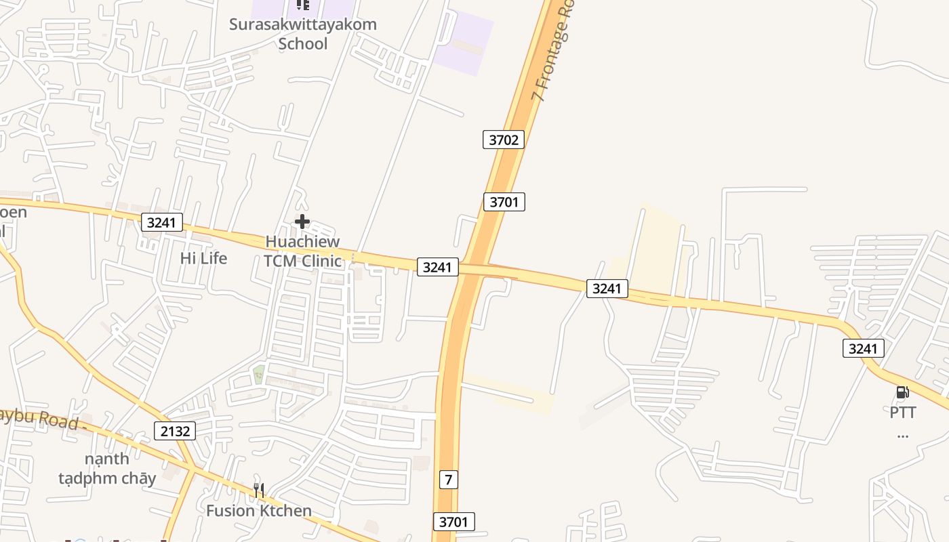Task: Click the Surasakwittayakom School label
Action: point(302,34)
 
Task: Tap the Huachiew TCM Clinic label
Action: point(302,251)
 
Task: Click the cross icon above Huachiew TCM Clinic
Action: point(302,222)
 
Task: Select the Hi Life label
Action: point(203,258)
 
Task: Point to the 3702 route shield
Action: point(504,140)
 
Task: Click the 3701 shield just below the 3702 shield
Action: point(504,201)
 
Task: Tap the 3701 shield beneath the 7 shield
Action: point(453,522)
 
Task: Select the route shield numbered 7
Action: point(448,480)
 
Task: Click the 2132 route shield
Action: point(175,431)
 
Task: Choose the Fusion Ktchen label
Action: point(259,511)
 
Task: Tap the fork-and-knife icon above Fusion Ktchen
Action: point(258,490)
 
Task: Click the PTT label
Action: point(903,412)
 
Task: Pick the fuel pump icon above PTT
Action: point(902,392)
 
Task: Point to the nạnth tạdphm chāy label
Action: point(107,468)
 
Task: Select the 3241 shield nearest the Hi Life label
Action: point(162,222)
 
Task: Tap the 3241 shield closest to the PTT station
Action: point(864,349)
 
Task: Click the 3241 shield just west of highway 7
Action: point(437,267)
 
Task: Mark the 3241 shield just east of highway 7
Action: point(607,289)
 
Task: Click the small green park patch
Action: point(259,373)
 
